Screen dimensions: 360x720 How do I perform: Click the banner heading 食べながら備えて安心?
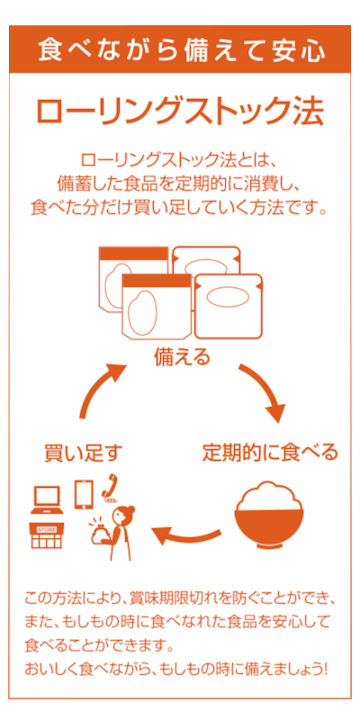pos(181,49)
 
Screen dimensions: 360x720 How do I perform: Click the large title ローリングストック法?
pos(180,111)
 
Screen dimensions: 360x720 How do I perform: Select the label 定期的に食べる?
pos(270,453)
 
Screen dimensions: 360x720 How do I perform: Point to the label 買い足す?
pos(84,453)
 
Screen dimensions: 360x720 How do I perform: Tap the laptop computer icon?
pos(48,499)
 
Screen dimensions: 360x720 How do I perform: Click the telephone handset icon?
pos(110,487)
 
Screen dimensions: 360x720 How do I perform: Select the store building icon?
pos(47,535)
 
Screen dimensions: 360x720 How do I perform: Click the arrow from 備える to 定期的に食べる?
pos(264,389)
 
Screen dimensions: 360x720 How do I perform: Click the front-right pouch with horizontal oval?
pos(229,306)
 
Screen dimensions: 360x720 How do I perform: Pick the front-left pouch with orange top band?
pos(156,308)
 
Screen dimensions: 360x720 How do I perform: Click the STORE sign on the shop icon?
pos(47,529)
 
